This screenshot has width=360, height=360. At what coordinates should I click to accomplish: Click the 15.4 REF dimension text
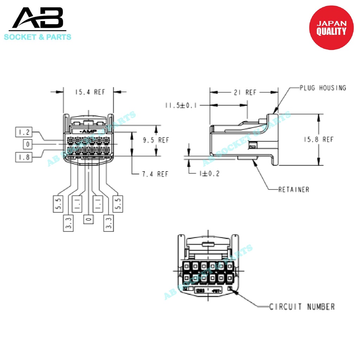tap(90, 92)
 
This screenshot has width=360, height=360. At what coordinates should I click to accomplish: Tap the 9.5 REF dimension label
tap(156, 140)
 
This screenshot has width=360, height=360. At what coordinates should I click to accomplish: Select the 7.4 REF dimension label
tap(155, 174)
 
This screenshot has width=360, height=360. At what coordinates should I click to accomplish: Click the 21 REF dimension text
tap(245, 92)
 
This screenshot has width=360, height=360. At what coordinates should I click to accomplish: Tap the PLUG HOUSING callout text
tap(323, 88)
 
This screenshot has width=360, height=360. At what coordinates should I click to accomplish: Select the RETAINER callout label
tap(294, 189)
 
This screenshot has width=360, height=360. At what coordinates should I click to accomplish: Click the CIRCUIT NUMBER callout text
tap(302, 307)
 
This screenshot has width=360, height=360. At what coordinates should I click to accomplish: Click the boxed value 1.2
tap(24, 132)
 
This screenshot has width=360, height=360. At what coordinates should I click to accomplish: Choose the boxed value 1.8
tap(24, 157)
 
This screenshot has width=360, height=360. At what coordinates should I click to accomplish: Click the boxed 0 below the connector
tap(89, 219)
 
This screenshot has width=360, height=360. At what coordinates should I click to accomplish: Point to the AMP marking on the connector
tap(88, 131)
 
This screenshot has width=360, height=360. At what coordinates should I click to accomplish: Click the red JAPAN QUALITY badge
tap(331, 28)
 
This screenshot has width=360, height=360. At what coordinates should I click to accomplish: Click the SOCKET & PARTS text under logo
tap(38, 37)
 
